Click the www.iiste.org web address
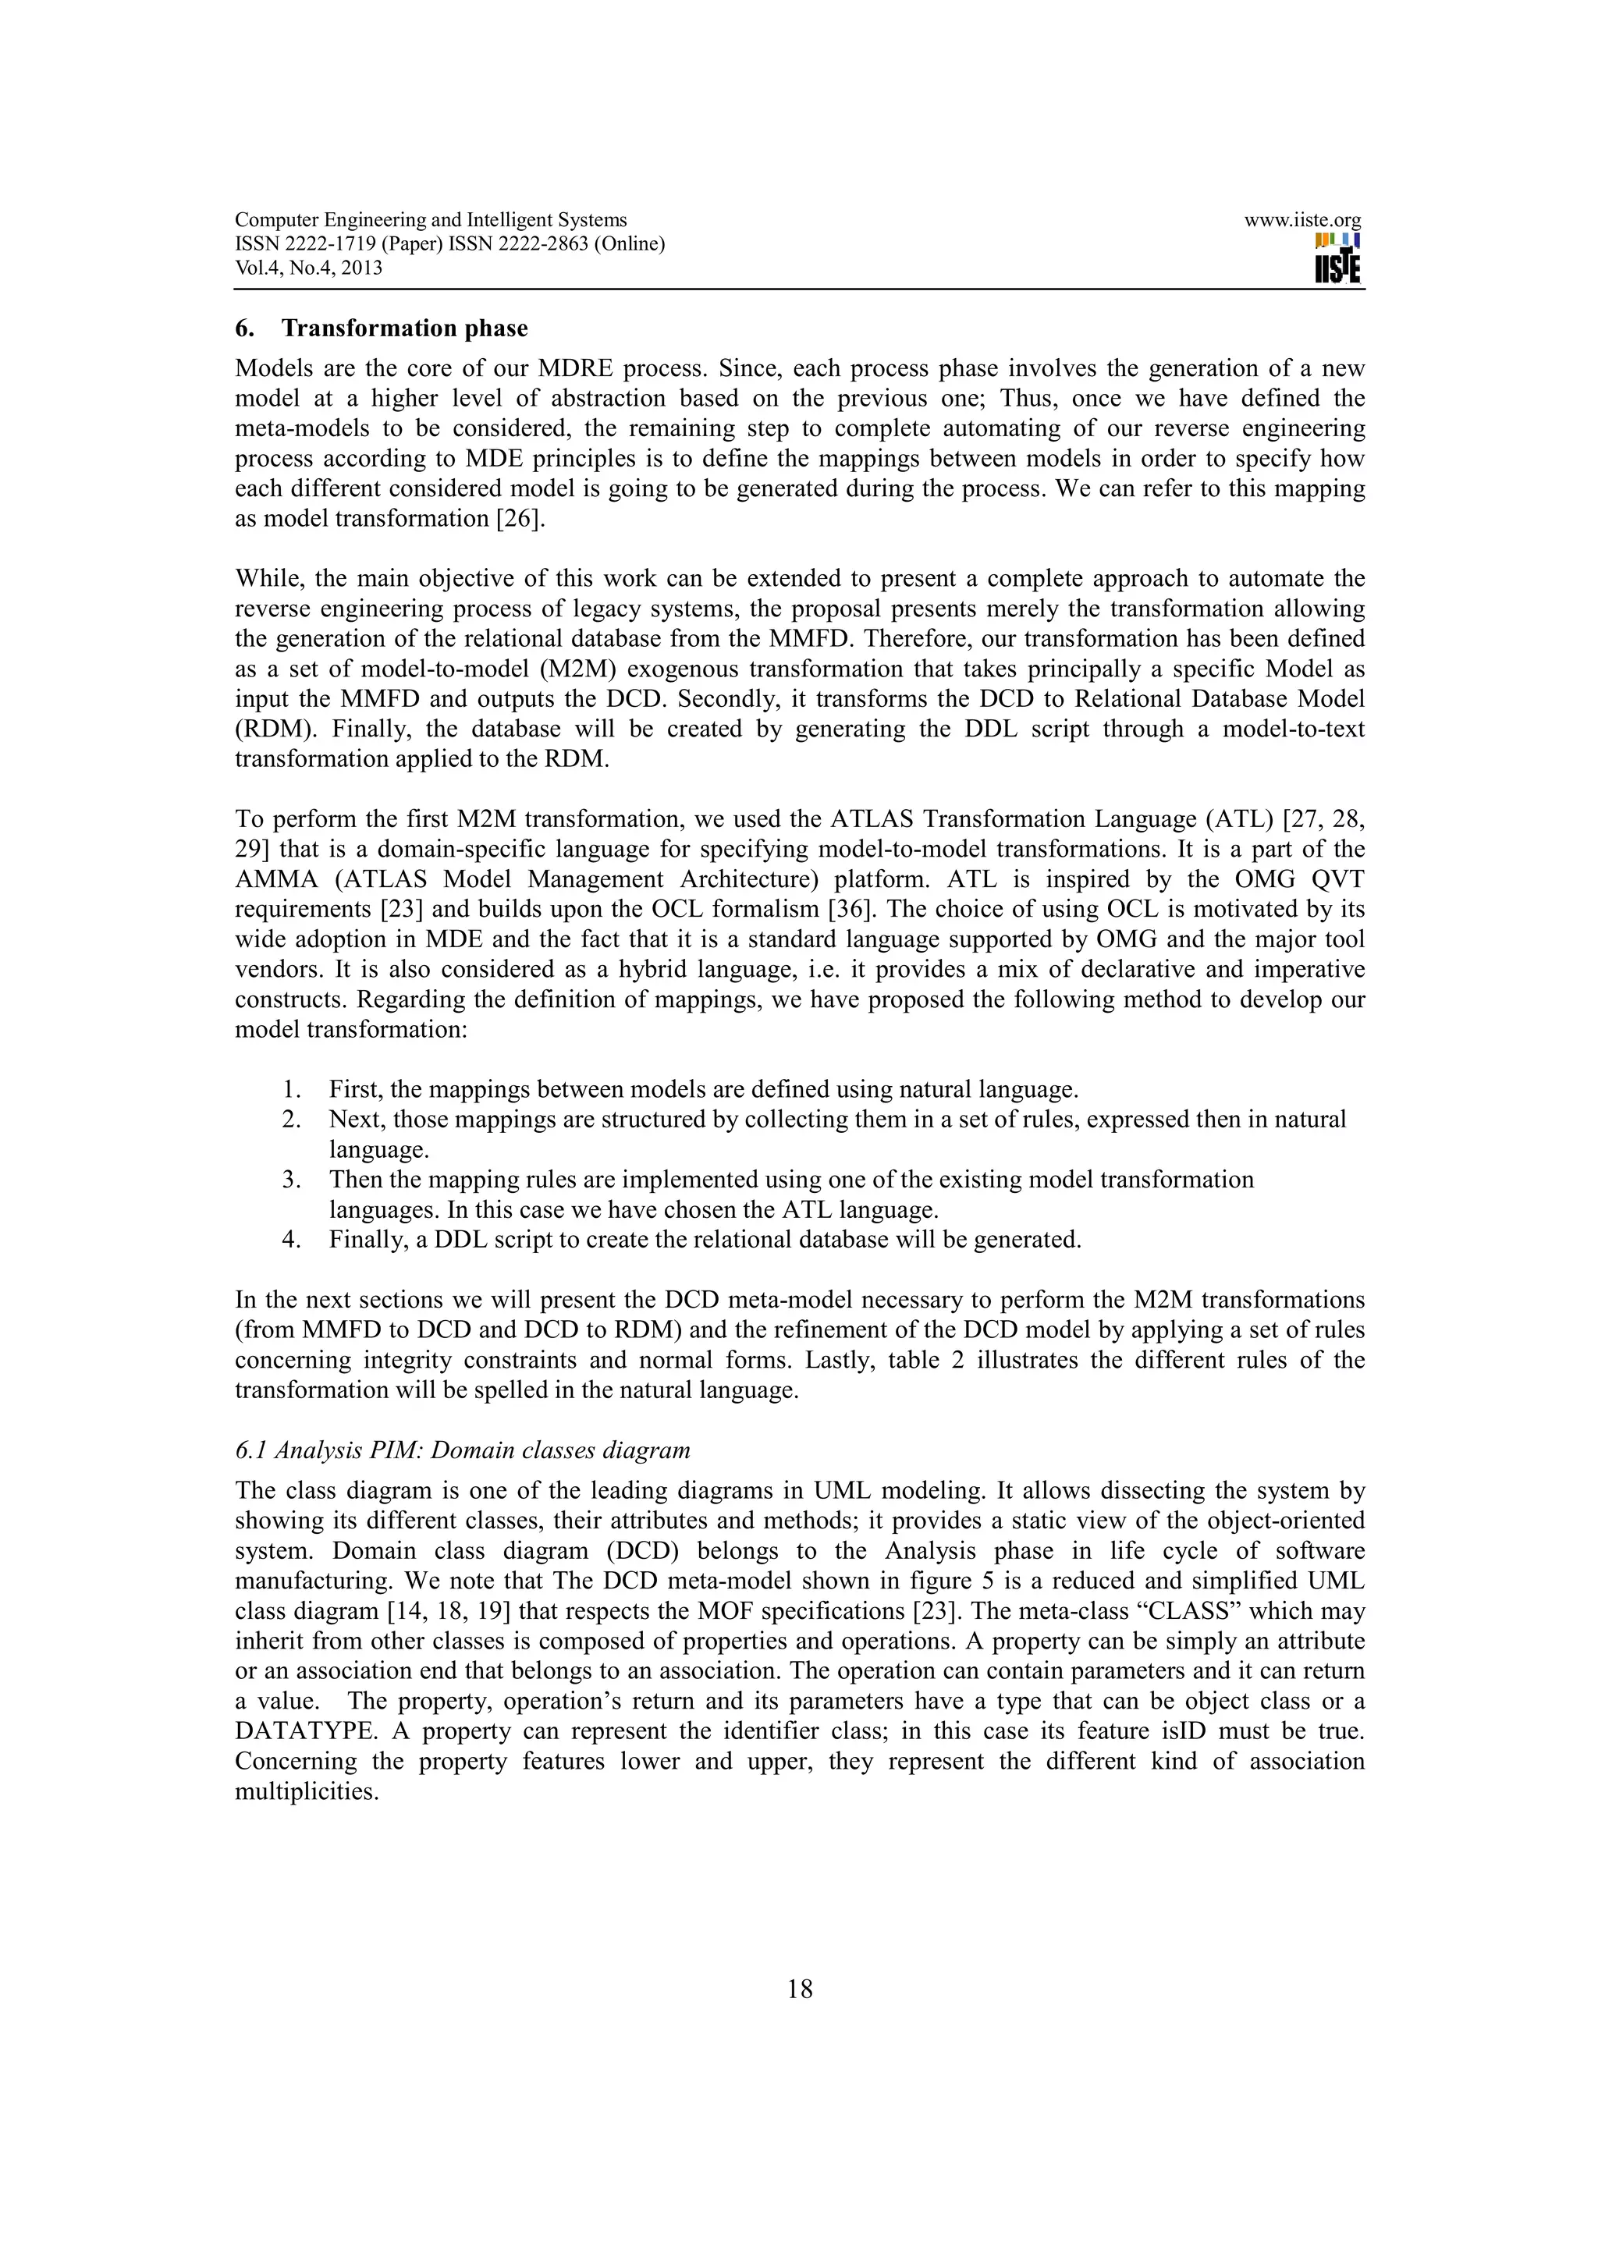1301,221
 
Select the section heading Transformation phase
405,328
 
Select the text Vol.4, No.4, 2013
309,268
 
